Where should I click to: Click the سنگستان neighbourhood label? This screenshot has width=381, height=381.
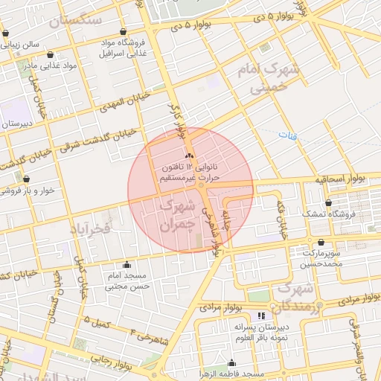click(x=77, y=21)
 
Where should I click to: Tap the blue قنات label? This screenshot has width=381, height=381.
click(x=286, y=135)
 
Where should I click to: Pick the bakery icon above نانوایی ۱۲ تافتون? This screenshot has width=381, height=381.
click(x=188, y=156)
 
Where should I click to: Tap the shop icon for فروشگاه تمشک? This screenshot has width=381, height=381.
click(x=328, y=202)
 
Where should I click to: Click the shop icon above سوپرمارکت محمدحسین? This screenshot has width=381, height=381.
click(x=321, y=243)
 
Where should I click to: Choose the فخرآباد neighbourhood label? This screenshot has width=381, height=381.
click(x=91, y=228)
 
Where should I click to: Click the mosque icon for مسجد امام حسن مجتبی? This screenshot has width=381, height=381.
click(x=127, y=264)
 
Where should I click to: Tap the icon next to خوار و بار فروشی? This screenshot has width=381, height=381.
click(x=26, y=179)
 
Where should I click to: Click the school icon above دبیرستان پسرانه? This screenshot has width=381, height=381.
click(x=260, y=317)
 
